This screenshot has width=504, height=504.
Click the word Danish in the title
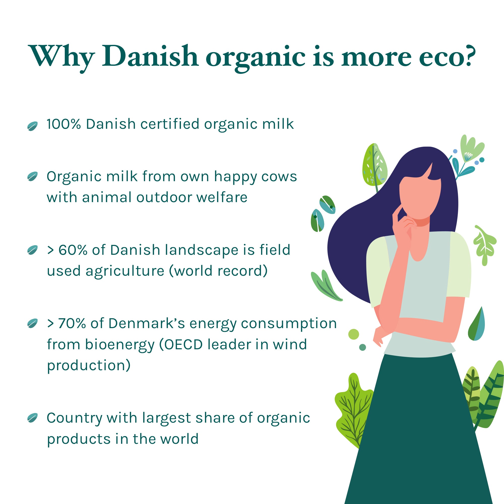150,56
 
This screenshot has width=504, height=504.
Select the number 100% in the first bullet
64,124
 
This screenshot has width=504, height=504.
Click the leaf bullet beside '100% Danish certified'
32,126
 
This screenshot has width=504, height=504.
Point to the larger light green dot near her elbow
354,334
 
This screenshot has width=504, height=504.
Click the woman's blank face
420,196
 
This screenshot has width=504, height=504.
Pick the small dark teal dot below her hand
363,347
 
